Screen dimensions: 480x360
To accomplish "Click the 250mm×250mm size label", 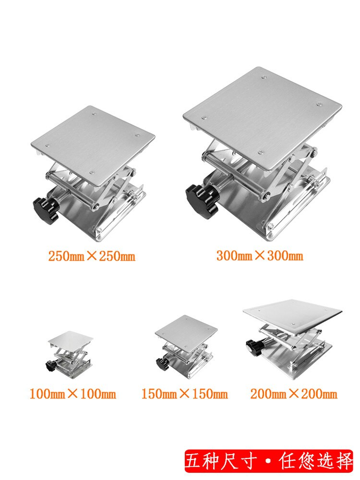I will point(92,256).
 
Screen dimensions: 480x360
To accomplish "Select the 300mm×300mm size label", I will point(260,255).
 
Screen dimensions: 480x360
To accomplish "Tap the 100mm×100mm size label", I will point(73,395).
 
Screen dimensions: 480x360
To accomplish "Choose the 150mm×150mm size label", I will point(184,395).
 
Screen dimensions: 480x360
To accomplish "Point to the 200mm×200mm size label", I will point(294,395).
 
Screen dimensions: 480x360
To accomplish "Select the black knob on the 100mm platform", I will point(49,366).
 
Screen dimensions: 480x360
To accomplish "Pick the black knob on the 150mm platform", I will point(160,364).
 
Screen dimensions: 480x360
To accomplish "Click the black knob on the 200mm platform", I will point(252,345).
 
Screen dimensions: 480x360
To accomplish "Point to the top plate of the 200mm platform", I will point(293,312).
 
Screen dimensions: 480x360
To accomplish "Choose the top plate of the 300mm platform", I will point(262,115).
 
